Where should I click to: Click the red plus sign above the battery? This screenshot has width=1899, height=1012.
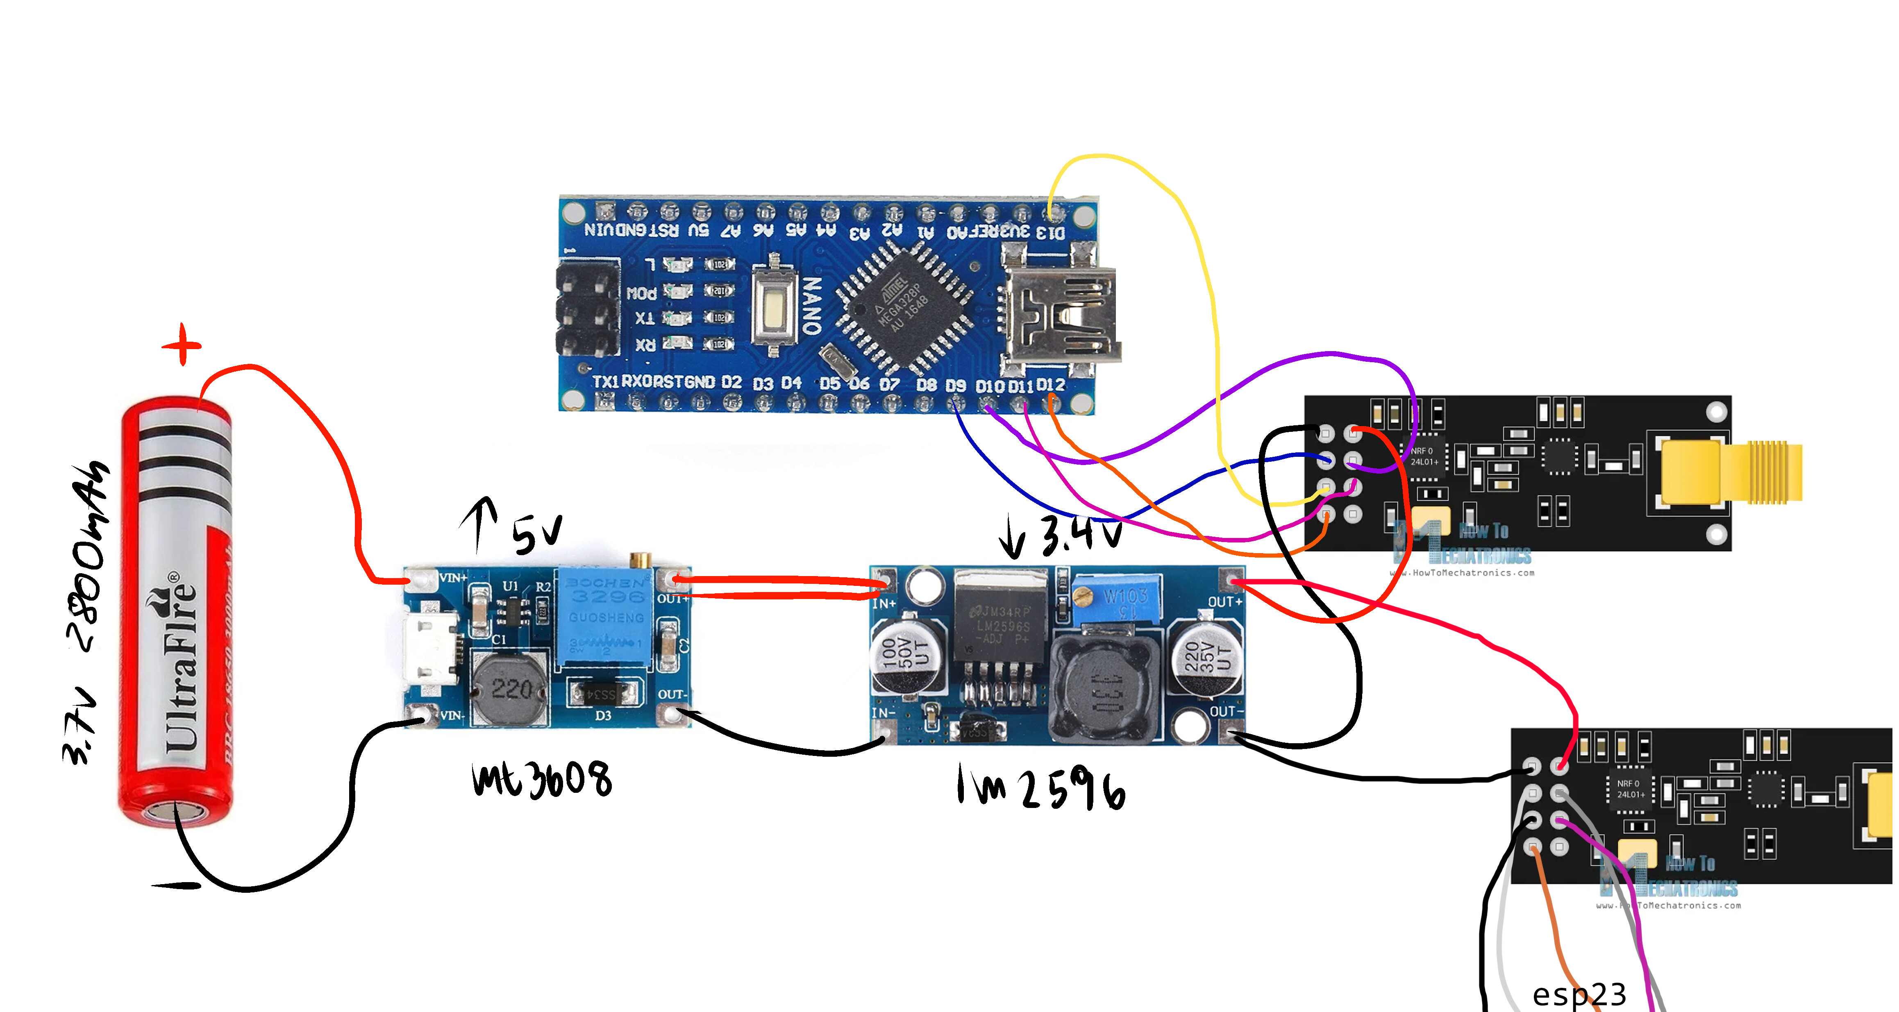[182, 344]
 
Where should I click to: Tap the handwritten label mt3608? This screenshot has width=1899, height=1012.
[542, 780]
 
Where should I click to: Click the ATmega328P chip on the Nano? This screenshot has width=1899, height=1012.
[903, 306]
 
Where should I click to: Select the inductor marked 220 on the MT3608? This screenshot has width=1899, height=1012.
[510, 689]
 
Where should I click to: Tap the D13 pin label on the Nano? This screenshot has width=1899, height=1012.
[1050, 233]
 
